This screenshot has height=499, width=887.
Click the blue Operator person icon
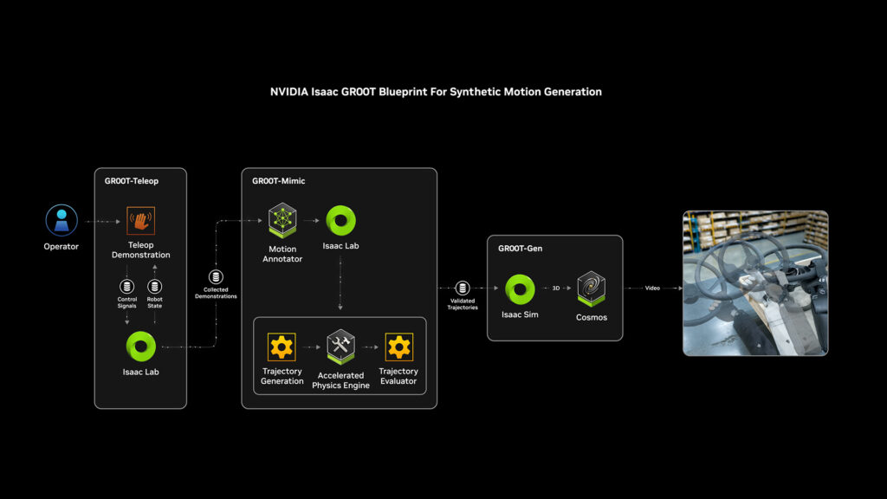pyautogui.click(x=62, y=220)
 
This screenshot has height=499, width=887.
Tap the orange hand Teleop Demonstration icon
pyautogui.click(x=140, y=221)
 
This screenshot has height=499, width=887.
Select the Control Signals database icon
pyautogui.click(x=127, y=287)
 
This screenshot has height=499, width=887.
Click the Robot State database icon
pyautogui.click(x=155, y=287)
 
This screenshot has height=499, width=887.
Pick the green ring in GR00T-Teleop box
pyautogui.click(x=140, y=347)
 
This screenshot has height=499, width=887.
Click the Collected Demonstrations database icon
pyautogui.click(x=217, y=277)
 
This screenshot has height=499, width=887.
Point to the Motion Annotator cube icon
pyautogui.click(x=282, y=221)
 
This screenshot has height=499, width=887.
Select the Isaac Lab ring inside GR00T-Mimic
pyautogui.click(x=340, y=220)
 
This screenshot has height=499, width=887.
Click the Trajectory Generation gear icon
pyautogui.click(x=282, y=347)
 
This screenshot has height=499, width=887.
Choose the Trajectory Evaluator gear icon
pyautogui.click(x=398, y=347)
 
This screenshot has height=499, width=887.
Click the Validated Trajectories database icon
pyautogui.click(x=463, y=288)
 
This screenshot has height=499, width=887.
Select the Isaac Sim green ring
pyautogui.click(x=520, y=288)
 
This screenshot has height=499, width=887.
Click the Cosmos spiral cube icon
pyautogui.click(x=592, y=288)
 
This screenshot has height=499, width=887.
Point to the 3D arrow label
pyautogui.click(x=555, y=288)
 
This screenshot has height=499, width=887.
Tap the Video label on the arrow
pyautogui.click(x=652, y=288)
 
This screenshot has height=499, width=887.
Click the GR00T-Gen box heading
pyautogui.click(x=520, y=249)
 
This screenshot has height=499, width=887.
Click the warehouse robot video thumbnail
pyautogui.click(x=755, y=283)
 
